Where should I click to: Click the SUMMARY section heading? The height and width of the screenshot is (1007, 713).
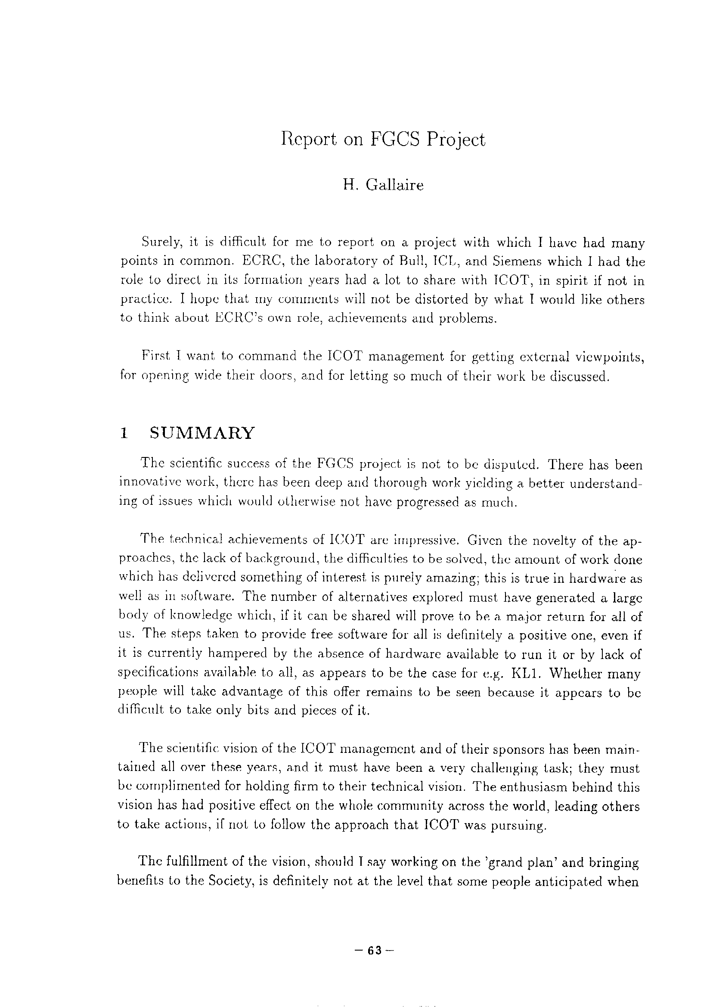(x=202, y=433)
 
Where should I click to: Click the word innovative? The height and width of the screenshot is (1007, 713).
(x=150, y=483)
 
